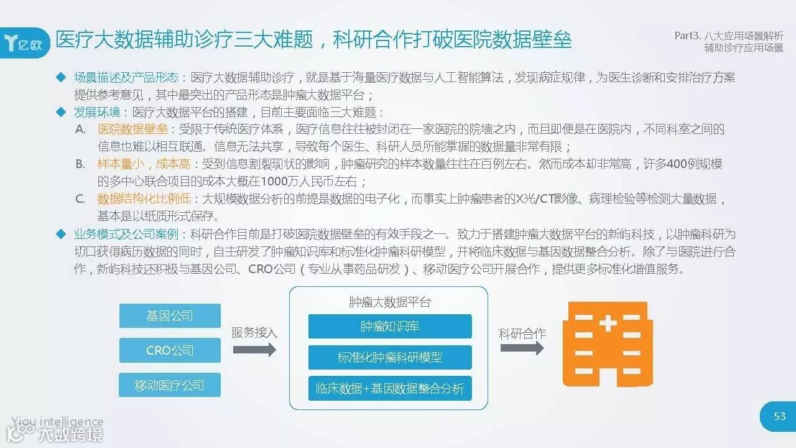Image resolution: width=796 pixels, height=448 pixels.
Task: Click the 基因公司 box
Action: click(170, 315)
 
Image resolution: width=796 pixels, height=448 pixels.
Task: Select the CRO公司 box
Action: click(170, 350)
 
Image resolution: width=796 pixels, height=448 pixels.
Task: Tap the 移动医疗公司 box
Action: click(170, 385)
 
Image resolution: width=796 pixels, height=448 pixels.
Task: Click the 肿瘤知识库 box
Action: click(390, 326)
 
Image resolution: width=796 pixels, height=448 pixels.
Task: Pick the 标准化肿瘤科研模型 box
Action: click(390, 358)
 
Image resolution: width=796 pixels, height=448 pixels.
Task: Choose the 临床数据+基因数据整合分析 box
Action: click(390, 389)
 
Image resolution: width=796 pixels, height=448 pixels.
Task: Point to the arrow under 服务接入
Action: click(254, 350)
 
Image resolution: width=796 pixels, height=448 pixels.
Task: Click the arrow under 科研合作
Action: click(522, 348)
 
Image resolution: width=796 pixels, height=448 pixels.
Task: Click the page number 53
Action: click(780, 416)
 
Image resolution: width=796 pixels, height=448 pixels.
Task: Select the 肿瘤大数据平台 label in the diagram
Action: click(390, 302)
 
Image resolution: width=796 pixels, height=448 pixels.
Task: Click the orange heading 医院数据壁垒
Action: click(132, 129)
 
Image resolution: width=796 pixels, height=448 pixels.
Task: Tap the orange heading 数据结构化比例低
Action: click(144, 199)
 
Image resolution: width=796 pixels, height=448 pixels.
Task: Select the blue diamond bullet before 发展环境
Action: click(61, 112)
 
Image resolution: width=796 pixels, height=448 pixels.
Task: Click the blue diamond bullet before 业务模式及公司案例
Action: click(61, 234)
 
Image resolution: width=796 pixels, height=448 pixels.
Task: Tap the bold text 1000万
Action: click(280, 182)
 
